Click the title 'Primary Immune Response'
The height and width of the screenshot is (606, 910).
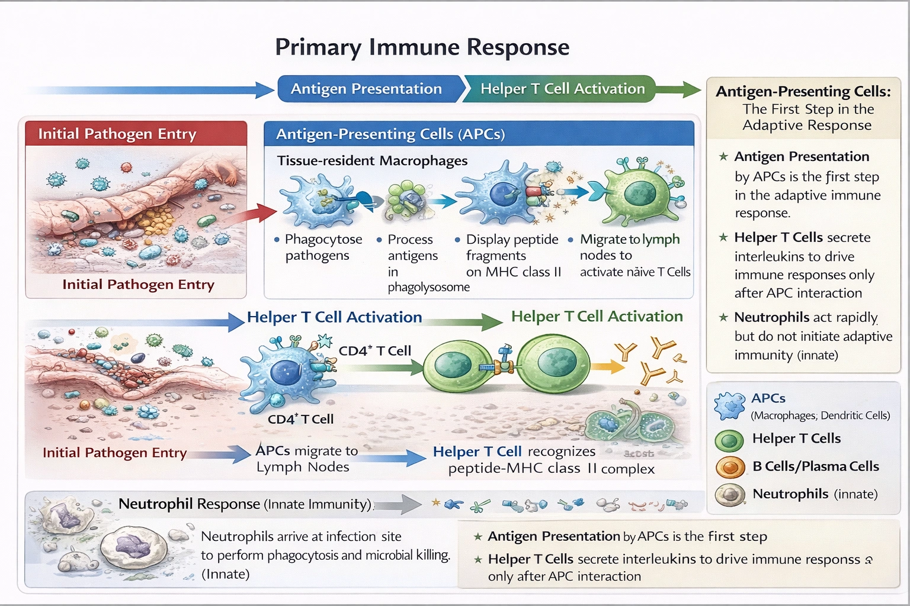point(422,47)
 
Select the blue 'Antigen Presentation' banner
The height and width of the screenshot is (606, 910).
point(366,89)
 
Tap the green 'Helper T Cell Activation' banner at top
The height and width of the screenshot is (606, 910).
point(562,89)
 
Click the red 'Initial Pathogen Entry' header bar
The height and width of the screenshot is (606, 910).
point(136,134)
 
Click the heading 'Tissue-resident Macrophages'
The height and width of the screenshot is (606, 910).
point(372,161)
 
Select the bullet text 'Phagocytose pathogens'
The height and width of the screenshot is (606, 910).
point(322,247)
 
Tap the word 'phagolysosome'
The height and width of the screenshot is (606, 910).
point(428,288)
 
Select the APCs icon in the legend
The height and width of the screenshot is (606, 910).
point(729,406)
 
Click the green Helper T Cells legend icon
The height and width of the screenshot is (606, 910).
point(729,440)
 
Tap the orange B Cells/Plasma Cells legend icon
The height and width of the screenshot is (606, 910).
point(730,468)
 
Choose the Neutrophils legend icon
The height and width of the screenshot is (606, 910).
point(730,495)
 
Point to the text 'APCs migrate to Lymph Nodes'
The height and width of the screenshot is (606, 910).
point(306,459)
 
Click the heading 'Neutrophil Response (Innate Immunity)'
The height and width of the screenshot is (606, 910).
point(245,504)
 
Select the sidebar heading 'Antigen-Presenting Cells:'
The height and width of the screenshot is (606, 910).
point(803,92)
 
